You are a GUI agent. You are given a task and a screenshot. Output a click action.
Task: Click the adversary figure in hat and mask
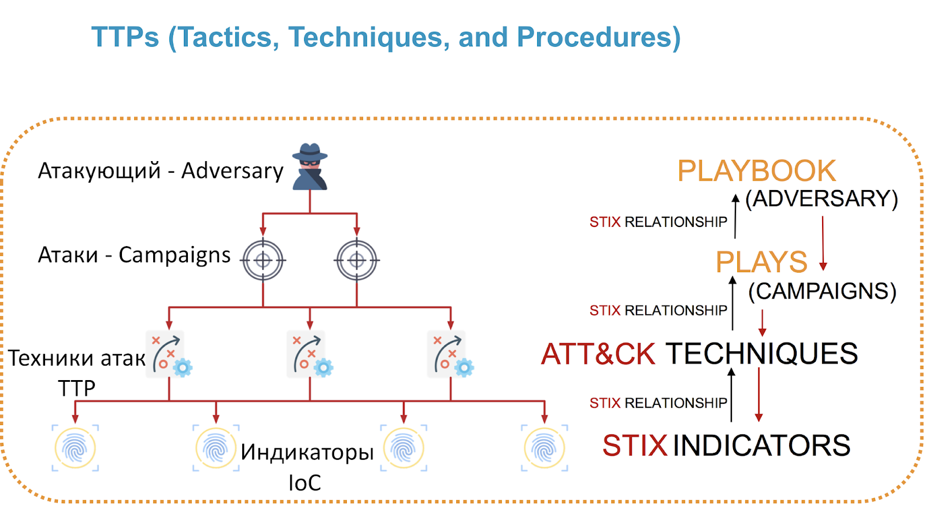[310, 166]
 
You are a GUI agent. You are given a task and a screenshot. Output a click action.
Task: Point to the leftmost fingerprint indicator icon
[75, 448]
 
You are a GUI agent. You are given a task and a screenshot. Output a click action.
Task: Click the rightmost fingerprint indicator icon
[544, 448]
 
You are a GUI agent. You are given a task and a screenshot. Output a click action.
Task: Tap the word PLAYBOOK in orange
[757, 171]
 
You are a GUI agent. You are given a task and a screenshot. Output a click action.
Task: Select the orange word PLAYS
[761, 262]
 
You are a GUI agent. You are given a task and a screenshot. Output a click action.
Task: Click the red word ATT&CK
[598, 354]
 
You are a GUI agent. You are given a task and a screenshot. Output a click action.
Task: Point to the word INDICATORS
[761, 445]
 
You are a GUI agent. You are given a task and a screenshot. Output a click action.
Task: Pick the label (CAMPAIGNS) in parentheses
[822, 291]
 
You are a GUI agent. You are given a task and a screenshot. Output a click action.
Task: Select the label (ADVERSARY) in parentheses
[822, 199]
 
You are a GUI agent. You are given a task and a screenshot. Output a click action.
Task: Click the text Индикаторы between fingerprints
[307, 452]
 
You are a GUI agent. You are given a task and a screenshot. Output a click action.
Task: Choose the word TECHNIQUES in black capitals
[762, 354]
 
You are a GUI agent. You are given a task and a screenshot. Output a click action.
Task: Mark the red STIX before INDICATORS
[635, 445]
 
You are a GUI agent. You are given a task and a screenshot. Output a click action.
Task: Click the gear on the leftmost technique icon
[183, 368]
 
